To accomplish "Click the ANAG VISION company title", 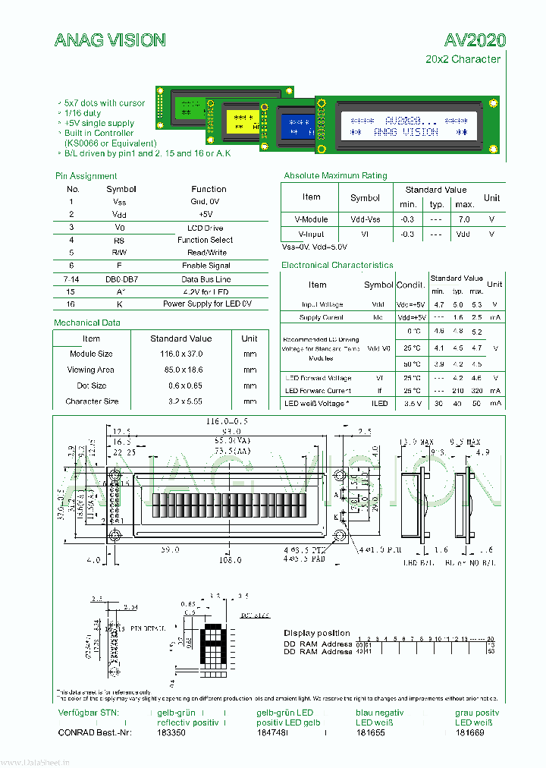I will pyautogui.click(x=110, y=40).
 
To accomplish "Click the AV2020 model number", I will pyautogui.click(x=475, y=40).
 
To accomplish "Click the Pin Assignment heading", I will pyautogui.click(x=86, y=176).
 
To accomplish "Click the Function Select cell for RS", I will pyautogui.click(x=205, y=240).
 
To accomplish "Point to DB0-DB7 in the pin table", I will pyautogui.click(x=121, y=279).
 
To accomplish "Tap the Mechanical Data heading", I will pyautogui.click(x=87, y=323).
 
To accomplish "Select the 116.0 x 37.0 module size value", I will pyautogui.click(x=180, y=354).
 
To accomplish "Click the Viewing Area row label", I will pyautogui.click(x=90, y=370).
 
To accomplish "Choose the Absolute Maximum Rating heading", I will pyautogui.click(x=335, y=175).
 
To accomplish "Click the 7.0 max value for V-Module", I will pyautogui.click(x=464, y=219).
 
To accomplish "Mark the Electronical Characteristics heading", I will pyautogui.click(x=337, y=265).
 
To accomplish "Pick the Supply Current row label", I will pyautogui.click(x=321, y=317).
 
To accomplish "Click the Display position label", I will pyautogui.click(x=317, y=633).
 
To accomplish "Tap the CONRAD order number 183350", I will pyautogui.click(x=171, y=732).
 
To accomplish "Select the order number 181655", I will pyautogui.click(x=370, y=732).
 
